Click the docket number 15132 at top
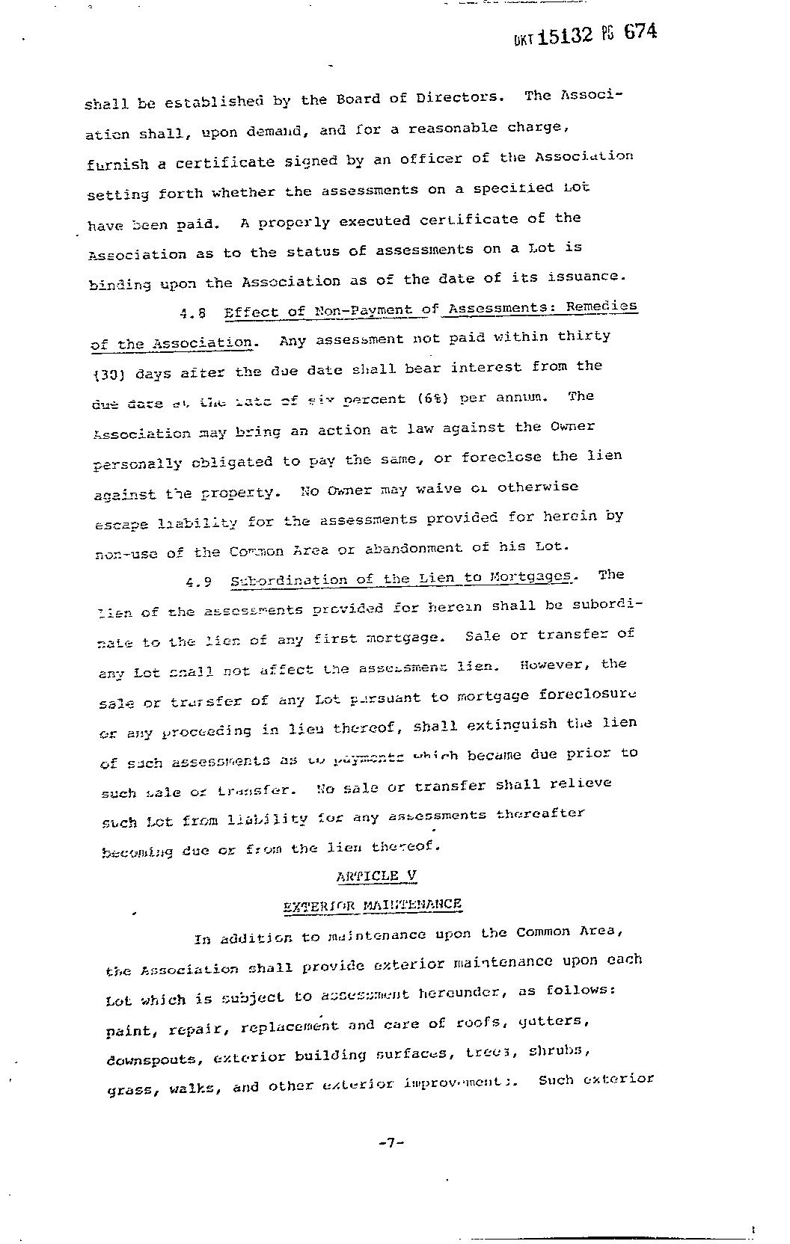[566, 36]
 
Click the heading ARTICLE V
[376, 876]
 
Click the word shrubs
[561, 1050]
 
